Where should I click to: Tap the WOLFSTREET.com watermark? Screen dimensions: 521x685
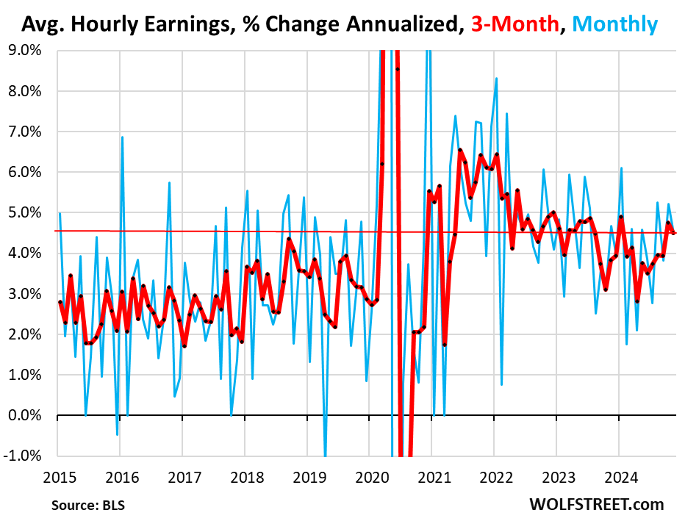point(595,504)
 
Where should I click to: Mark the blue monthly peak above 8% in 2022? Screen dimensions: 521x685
point(497,79)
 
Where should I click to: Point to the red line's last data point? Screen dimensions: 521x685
point(675,233)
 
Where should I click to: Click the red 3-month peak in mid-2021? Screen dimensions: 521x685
point(460,150)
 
